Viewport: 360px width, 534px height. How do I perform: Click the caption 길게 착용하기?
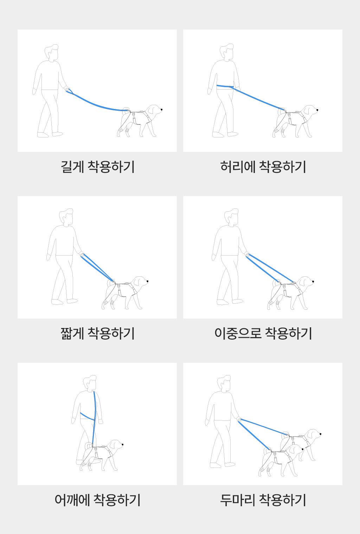(97, 167)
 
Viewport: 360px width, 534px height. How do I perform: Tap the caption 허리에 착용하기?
(263, 167)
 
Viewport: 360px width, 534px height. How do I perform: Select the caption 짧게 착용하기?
(97, 333)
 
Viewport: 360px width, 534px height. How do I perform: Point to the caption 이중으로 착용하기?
(263, 333)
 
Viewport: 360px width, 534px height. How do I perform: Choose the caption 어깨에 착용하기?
(97, 500)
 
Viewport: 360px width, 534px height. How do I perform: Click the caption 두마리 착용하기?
(263, 500)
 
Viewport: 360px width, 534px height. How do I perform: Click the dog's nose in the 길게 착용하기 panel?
(161, 110)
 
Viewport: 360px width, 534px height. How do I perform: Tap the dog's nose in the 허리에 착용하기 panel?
(317, 110)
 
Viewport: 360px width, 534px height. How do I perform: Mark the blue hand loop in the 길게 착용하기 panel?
(69, 91)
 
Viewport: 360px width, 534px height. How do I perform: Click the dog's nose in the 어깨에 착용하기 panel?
(123, 444)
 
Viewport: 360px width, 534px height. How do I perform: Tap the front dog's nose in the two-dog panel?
(302, 449)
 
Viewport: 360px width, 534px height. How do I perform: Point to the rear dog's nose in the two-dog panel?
(320, 434)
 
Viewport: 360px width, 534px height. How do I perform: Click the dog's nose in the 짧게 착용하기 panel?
(147, 281)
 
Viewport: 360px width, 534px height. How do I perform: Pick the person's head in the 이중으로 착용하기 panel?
(231, 217)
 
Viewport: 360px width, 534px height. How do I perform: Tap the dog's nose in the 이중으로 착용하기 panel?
(313, 282)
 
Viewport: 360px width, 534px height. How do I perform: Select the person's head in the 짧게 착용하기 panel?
(66, 217)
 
